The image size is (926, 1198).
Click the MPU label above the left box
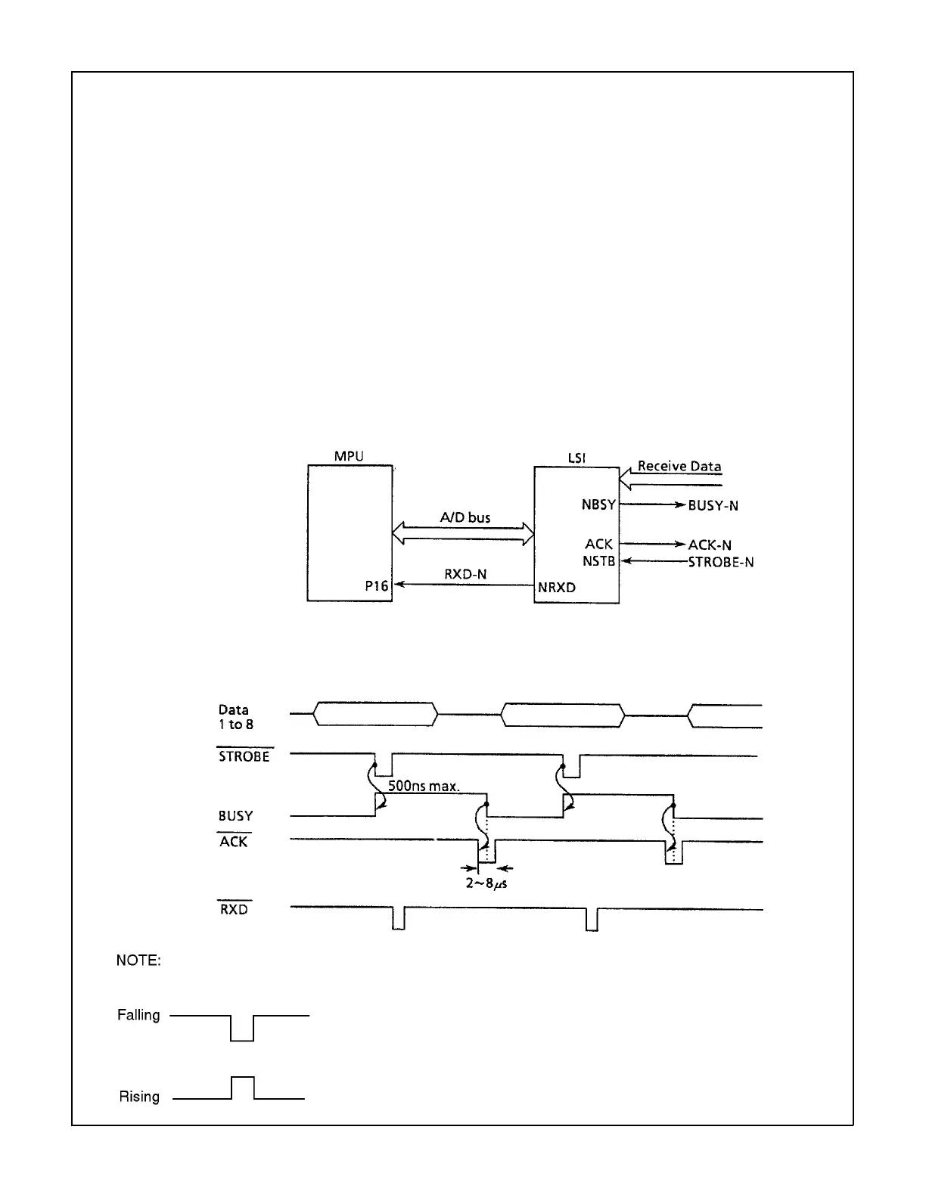pyautogui.click(x=349, y=456)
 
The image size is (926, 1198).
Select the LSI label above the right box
pyautogui.click(x=576, y=458)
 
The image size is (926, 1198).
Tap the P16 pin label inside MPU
pyautogui.click(x=375, y=586)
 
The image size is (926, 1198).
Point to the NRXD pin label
pyautogui.click(x=557, y=587)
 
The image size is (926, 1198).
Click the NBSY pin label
pyautogui.click(x=598, y=504)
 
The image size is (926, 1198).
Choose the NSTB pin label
pyautogui.click(x=600, y=561)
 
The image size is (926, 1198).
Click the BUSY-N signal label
pyautogui.click(x=713, y=505)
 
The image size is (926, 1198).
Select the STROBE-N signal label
pyautogui.click(x=720, y=562)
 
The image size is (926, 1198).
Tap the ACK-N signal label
pyautogui.click(x=710, y=545)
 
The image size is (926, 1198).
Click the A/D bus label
pyautogui.click(x=465, y=518)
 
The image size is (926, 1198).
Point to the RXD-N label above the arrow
pyautogui.click(x=465, y=575)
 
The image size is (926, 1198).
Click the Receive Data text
pyautogui.click(x=679, y=466)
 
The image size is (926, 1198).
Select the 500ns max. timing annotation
pyautogui.click(x=424, y=786)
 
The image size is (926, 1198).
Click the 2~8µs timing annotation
pyautogui.click(x=486, y=882)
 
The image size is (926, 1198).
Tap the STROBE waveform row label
pyautogui.click(x=244, y=756)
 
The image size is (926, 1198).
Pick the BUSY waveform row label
pyautogui.click(x=235, y=816)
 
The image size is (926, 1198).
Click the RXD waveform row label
pyautogui.click(x=234, y=910)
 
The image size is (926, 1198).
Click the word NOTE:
pyautogui.click(x=138, y=961)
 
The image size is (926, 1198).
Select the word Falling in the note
pyautogui.click(x=138, y=1015)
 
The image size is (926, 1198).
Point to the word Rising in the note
pyautogui.click(x=139, y=1097)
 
